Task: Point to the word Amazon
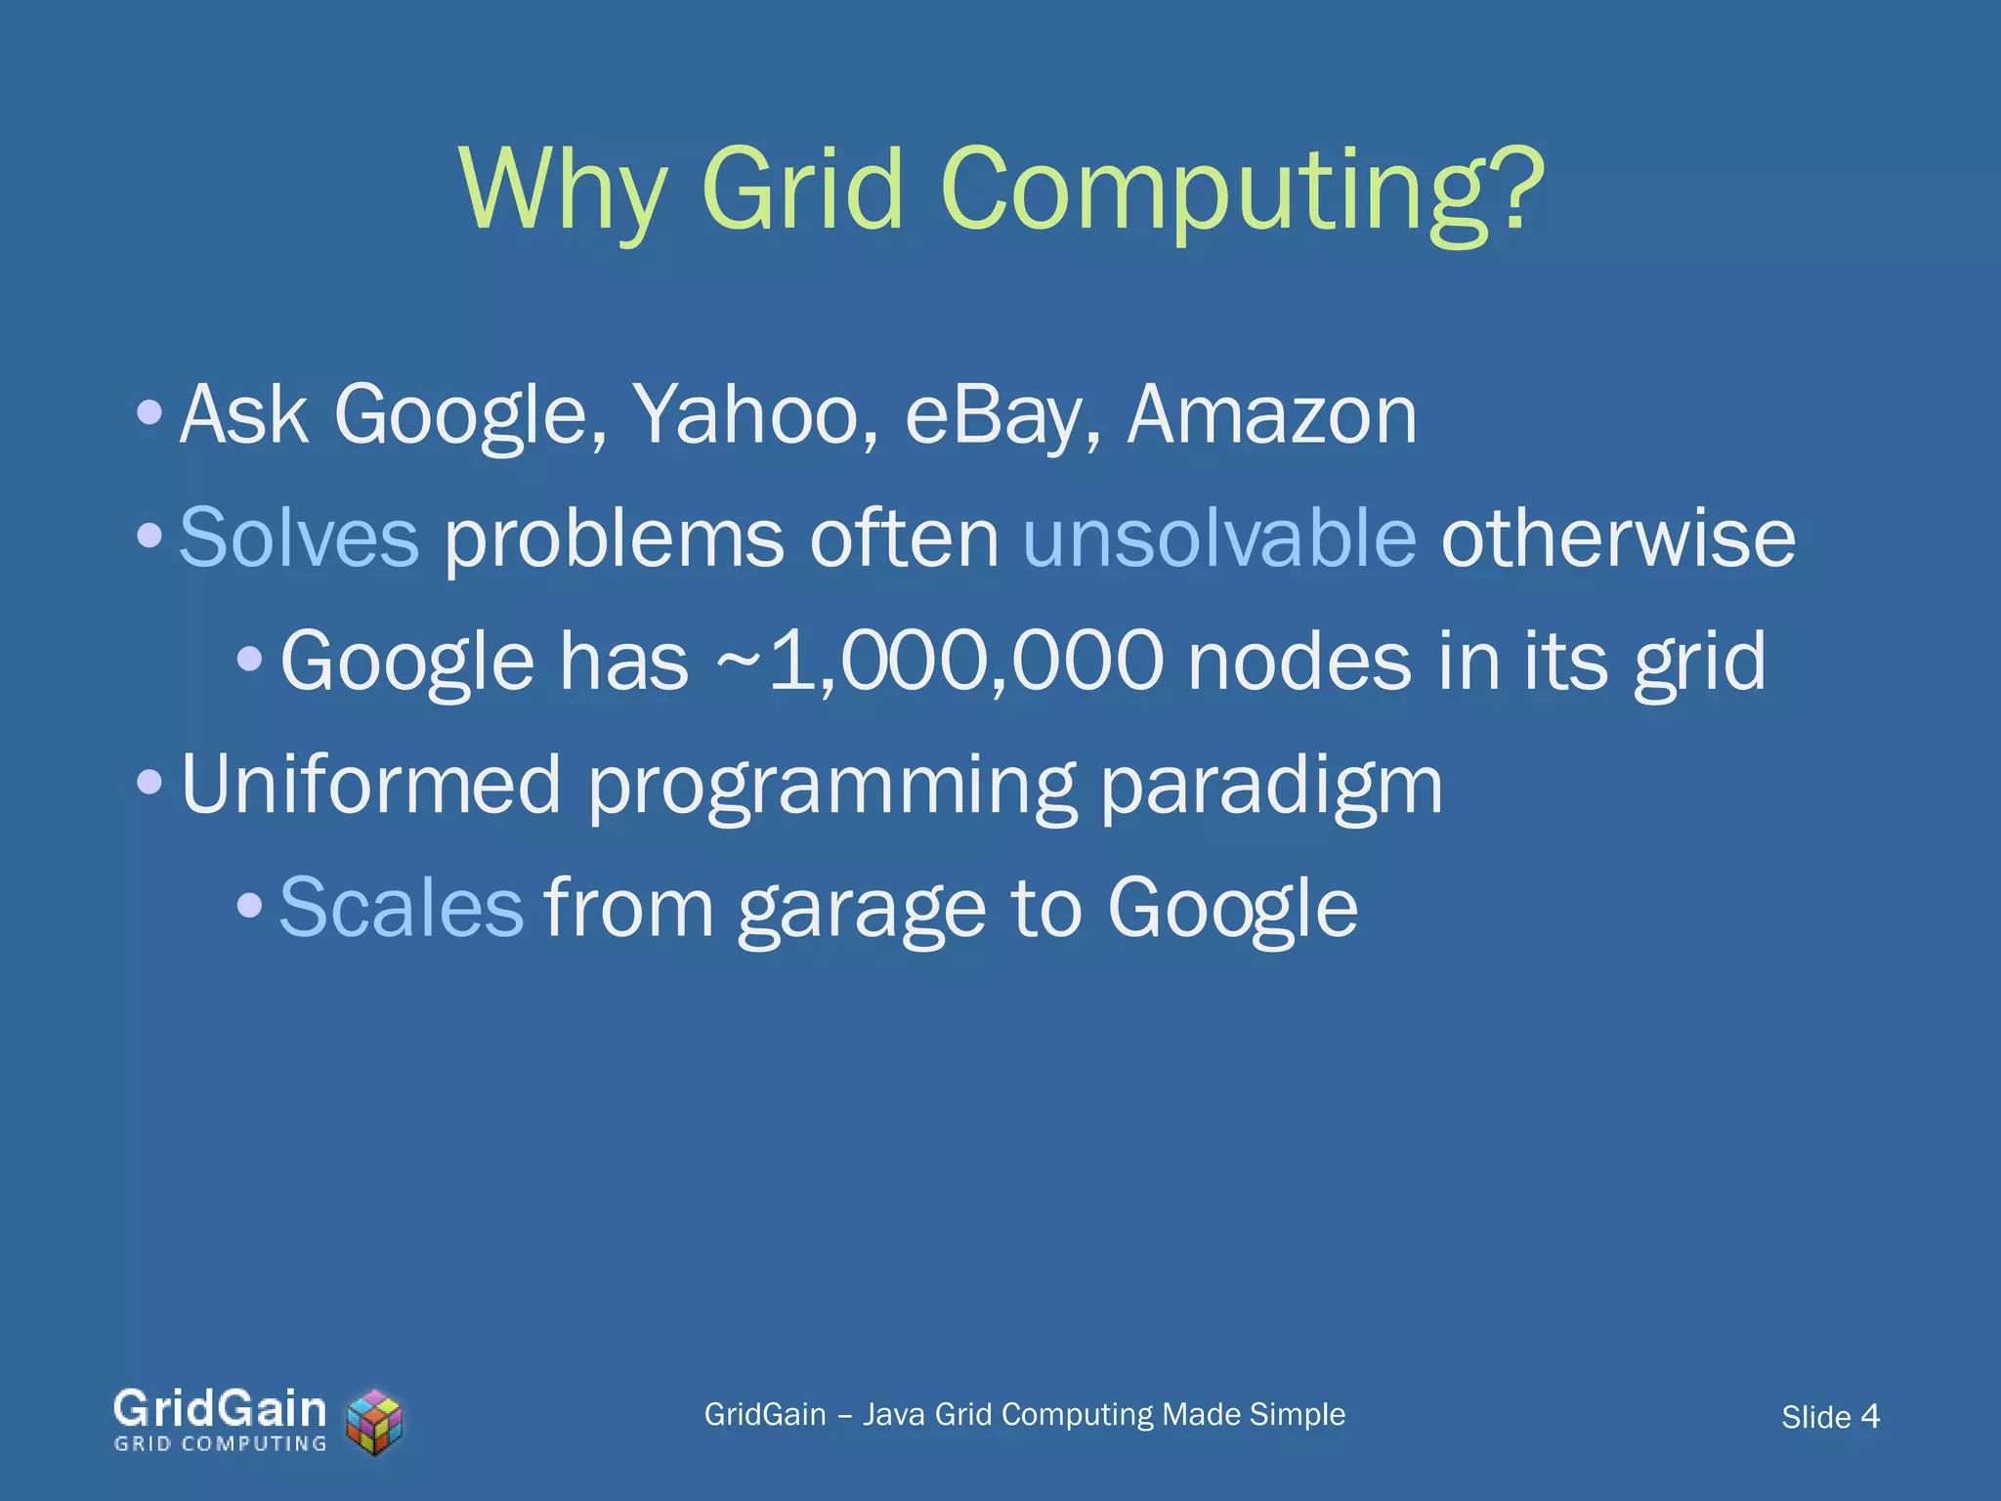pos(1271,415)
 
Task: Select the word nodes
pos(1299,663)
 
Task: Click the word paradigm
pos(1271,788)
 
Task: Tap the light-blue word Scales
pos(402,908)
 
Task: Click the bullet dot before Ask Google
pos(149,411)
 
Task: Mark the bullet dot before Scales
pos(250,905)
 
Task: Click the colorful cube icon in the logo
pos(375,1421)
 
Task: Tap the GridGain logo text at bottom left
pos(220,1410)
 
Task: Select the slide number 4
pos(1870,1416)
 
